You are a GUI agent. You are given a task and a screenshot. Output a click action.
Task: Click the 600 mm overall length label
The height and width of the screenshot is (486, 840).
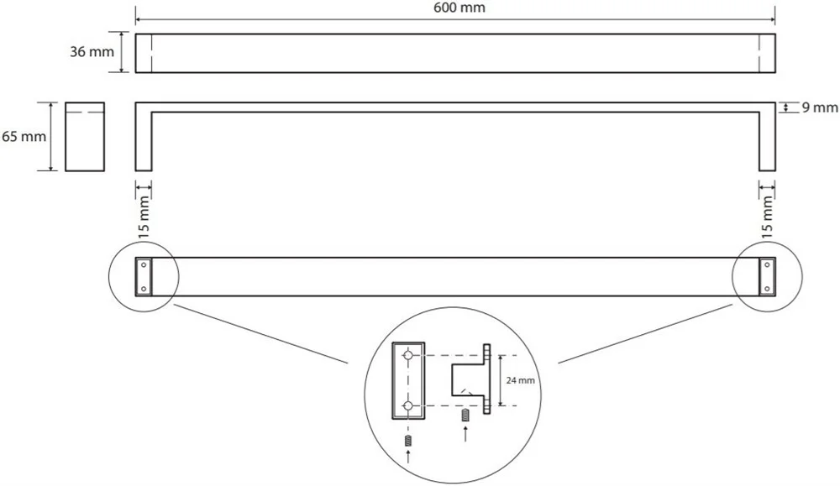pos(459,8)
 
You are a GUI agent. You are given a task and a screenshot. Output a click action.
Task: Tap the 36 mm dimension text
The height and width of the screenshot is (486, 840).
pos(92,52)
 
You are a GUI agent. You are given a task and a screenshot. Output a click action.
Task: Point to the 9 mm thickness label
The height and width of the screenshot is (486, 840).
pos(819,107)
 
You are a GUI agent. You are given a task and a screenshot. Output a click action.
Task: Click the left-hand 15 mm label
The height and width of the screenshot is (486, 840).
pos(144,217)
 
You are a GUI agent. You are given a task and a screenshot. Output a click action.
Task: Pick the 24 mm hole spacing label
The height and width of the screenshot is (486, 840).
pos(520,380)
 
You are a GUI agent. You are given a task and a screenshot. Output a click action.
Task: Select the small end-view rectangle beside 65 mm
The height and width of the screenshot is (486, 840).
pos(85,137)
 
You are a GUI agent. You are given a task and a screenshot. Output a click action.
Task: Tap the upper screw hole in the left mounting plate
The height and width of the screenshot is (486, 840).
pos(143,264)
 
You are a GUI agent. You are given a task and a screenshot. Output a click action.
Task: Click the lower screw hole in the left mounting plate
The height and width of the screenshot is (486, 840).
pos(143,289)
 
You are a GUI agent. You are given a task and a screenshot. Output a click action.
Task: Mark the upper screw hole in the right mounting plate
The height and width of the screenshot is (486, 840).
pos(767,264)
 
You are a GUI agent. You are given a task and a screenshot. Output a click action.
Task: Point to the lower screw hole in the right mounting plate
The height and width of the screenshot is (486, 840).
pos(767,289)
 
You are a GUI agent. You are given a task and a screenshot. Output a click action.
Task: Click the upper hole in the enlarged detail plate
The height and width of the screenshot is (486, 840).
pos(408,355)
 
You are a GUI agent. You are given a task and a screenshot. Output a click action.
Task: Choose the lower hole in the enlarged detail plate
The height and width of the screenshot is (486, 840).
pos(408,406)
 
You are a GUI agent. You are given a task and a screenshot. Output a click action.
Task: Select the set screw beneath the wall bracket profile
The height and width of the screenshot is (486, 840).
pos(465,415)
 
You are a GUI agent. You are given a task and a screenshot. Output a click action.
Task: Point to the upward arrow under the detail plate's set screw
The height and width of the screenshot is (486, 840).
pos(409,457)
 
